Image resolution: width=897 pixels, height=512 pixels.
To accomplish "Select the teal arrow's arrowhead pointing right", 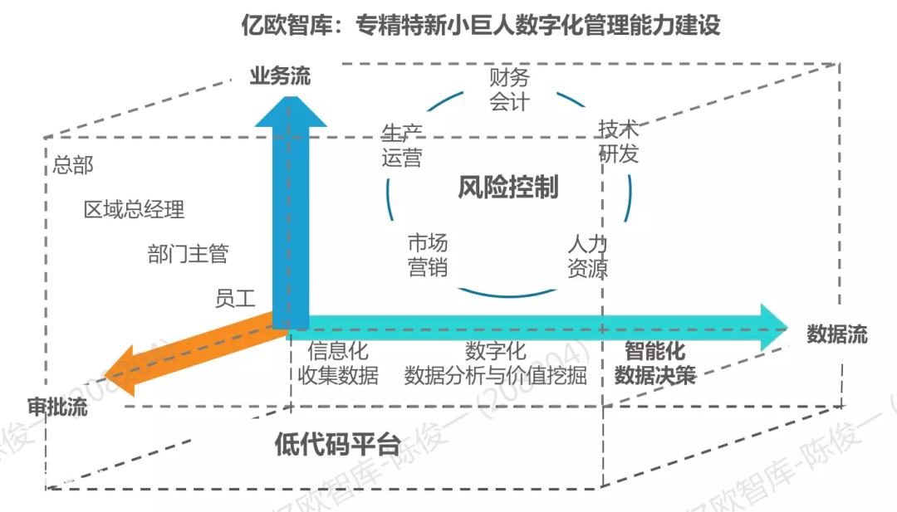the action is [x=774, y=328].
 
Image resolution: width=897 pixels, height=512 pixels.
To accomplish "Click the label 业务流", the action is [x=280, y=76].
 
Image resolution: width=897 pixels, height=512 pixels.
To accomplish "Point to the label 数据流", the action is [x=837, y=334].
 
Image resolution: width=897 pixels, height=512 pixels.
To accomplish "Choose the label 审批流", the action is [x=57, y=407].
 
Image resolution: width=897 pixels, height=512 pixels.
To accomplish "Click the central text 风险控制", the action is [x=508, y=187].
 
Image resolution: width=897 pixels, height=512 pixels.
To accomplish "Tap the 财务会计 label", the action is [x=509, y=90].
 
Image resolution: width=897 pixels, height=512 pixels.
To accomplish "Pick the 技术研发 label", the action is [x=619, y=142].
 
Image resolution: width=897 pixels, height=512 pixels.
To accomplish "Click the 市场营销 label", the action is [x=428, y=256].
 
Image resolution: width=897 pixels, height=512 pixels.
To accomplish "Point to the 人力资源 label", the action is [x=587, y=256].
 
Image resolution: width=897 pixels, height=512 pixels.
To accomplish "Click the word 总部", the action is [x=72, y=165].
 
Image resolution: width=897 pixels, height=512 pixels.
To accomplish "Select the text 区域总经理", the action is [x=134, y=210].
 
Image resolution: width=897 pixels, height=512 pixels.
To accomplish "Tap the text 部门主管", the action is [x=188, y=254].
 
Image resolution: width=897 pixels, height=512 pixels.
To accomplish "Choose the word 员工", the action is [x=234, y=298].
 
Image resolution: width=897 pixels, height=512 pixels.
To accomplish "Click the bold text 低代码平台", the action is [x=337, y=444].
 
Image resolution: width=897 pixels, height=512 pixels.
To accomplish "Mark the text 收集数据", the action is [x=337, y=375].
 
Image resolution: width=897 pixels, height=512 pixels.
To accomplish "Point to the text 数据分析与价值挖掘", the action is [x=495, y=375].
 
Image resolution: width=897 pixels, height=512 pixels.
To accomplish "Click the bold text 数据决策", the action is [x=655, y=375].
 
